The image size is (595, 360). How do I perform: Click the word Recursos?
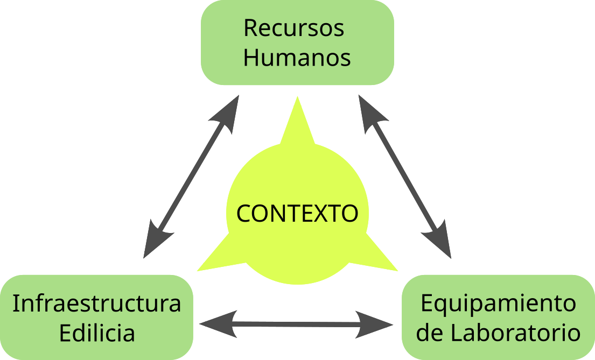pos(294,28)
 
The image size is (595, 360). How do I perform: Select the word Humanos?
pos(297,58)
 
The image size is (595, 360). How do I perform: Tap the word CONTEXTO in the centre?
pos(297,214)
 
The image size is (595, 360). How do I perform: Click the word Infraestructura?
pos(97,303)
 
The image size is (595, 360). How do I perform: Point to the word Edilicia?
pos(97,333)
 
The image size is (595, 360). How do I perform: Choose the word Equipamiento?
pos(498,303)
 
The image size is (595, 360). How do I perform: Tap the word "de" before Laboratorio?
pos(430,333)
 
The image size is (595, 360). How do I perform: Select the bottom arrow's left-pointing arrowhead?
pos(215,323)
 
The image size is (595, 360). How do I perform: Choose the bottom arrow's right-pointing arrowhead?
pos(377,324)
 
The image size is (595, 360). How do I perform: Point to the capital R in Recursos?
pos(250,28)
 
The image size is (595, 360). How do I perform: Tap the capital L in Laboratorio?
pos(454,333)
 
